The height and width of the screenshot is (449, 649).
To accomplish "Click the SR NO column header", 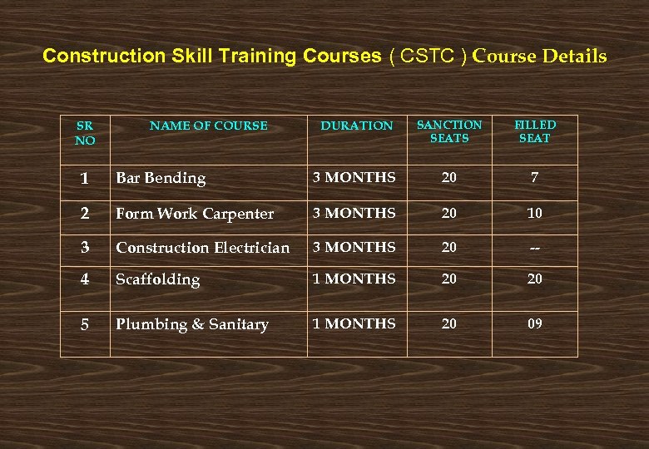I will coord(85,133).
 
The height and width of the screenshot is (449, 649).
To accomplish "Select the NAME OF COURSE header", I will coord(208,126).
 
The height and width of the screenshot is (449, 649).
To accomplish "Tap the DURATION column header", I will coord(357,126).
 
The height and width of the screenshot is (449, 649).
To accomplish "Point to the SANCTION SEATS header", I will coord(449,131).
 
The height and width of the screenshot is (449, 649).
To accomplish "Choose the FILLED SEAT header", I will coord(535,131).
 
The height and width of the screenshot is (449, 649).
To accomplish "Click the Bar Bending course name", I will coord(161,178).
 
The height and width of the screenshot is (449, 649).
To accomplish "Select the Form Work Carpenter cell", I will coord(195,214).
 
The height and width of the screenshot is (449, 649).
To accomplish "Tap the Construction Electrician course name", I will coord(203,248).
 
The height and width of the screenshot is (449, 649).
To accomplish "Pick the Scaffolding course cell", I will coord(158,279).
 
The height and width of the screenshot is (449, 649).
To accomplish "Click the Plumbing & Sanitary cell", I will coord(192,324).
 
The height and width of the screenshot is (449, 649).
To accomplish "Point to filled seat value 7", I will coord(534,177).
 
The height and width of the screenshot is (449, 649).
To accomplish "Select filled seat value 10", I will coord(534,213).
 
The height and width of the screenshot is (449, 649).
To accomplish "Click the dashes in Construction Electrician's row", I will coord(534,248).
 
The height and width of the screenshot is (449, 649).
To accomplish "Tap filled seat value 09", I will coord(534,323).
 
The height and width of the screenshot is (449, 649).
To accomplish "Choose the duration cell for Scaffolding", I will coord(354,279).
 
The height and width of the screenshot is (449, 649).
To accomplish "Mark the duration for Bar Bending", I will coord(354,177).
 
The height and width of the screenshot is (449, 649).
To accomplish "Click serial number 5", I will coord(85,324).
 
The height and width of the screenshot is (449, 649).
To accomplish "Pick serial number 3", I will coord(85,248).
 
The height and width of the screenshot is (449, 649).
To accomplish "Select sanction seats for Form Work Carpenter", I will coord(449,213).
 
